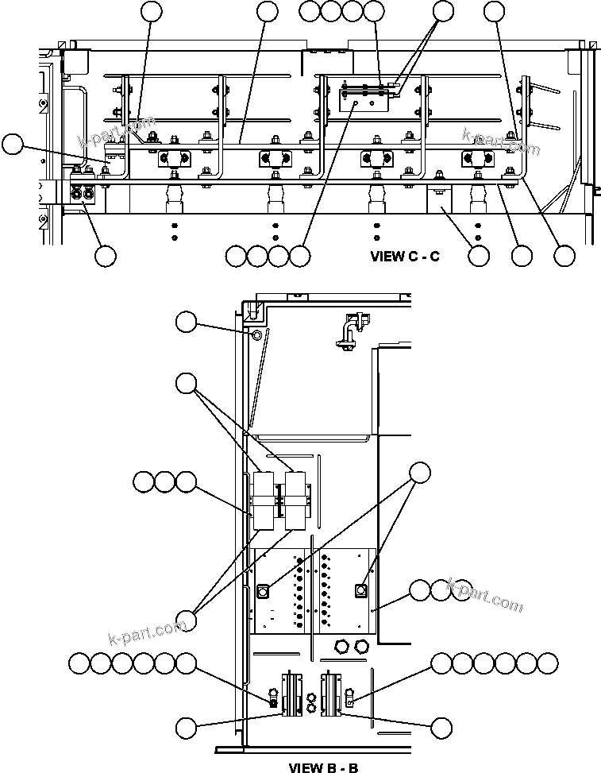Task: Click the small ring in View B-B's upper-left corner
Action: point(256,335)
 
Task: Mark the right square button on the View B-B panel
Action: point(360,590)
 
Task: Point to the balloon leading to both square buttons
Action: point(421,472)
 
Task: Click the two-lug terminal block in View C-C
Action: point(83,193)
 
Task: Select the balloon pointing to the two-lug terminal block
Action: point(105,256)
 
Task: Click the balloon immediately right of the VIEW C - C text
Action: point(479,256)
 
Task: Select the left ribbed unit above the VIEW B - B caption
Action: point(291,693)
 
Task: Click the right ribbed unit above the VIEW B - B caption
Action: point(330,693)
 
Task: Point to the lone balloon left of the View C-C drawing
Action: point(13,144)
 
